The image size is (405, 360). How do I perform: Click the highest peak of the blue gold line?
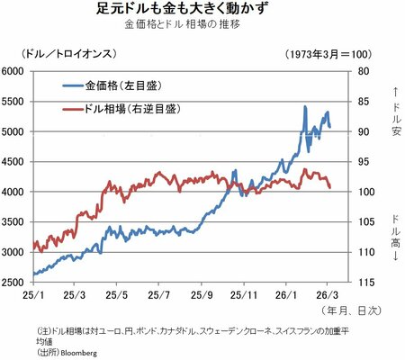(x=305, y=107)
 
